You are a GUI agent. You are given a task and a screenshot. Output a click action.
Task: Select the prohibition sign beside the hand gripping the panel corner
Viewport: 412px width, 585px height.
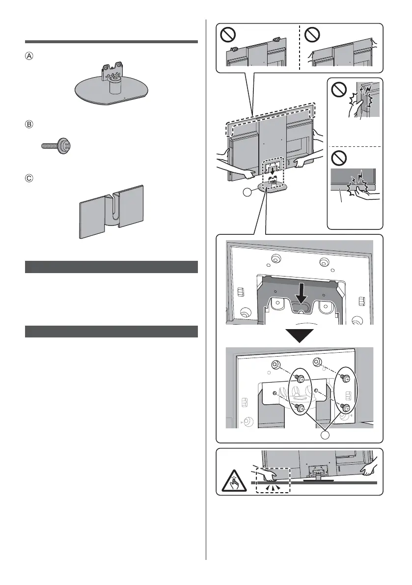(340, 90)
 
